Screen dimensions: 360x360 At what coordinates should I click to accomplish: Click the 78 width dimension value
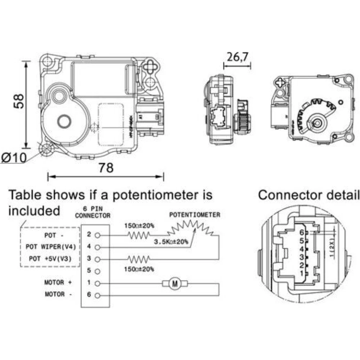[x=106, y=167]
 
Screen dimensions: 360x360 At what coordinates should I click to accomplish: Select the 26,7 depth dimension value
[x=238, y=57]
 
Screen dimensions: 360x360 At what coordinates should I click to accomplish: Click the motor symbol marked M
[x=175, y=284]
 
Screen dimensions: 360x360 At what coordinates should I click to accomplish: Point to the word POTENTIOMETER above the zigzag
[x=195, y=215]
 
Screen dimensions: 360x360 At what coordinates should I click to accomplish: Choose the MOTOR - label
[x=59, y=294]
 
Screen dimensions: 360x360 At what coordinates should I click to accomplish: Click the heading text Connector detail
[x=309, y=195]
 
